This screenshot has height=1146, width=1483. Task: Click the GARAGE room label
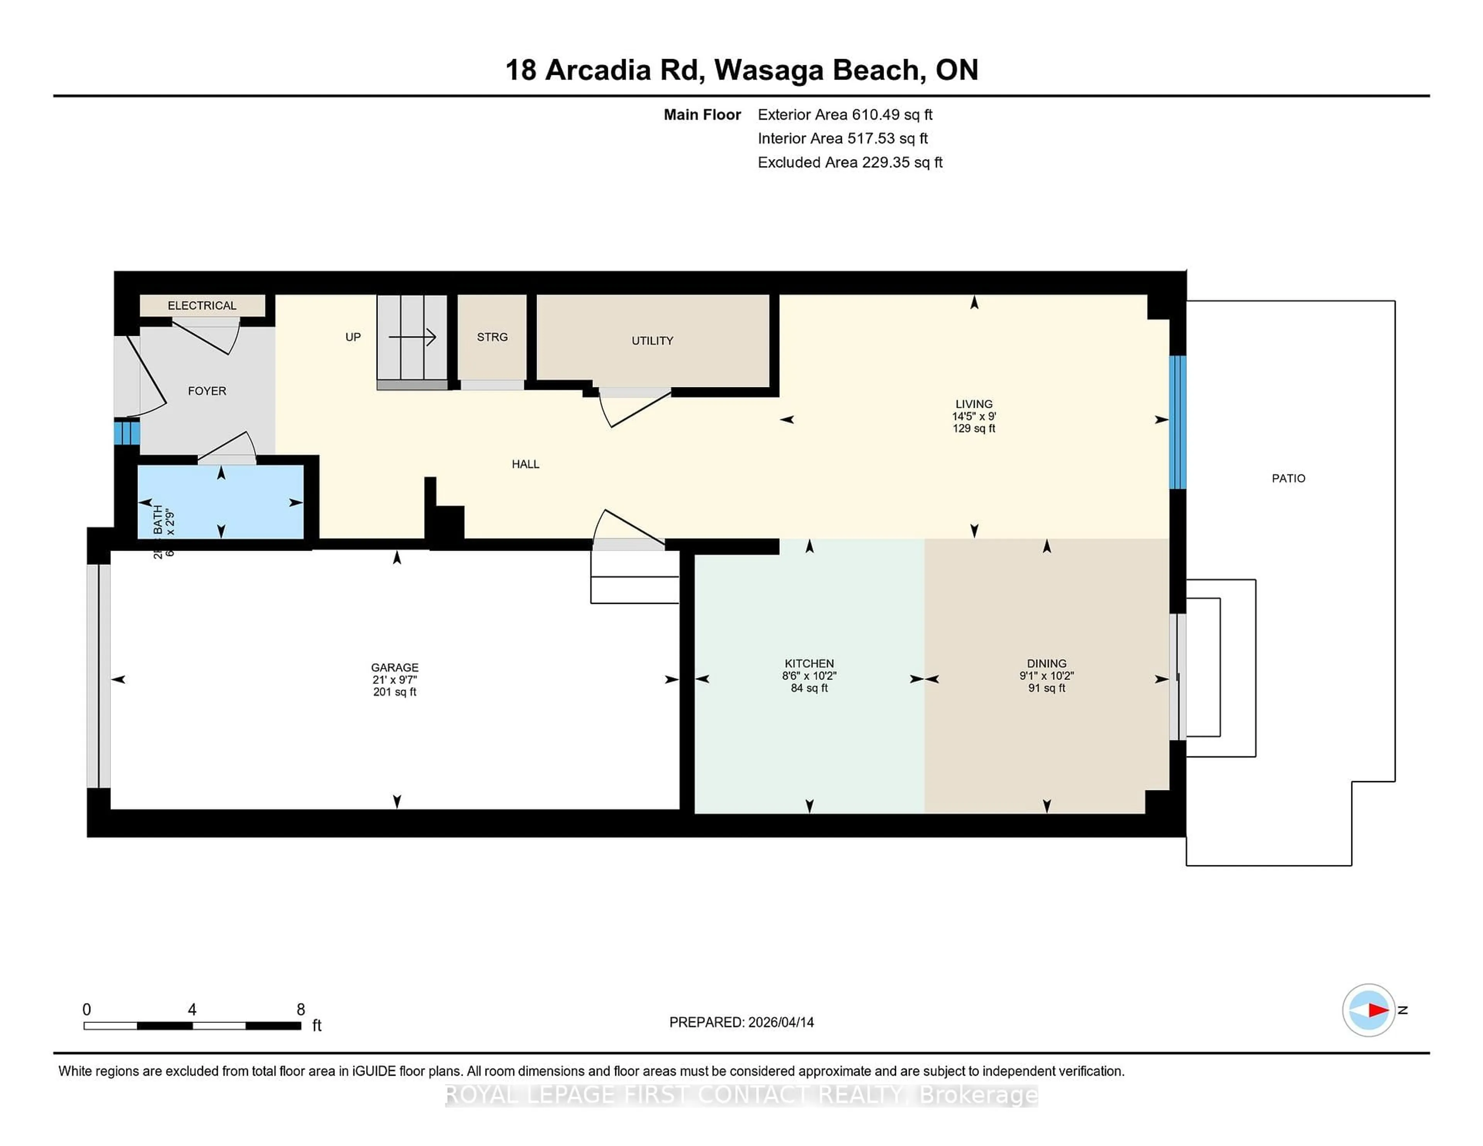click(395, 667)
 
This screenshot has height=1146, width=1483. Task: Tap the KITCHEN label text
click(809, 663)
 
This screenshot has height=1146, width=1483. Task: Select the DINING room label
click(1046, 663)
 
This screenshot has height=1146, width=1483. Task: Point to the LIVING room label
click(974, 404)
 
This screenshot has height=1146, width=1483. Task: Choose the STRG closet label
click(492, 337)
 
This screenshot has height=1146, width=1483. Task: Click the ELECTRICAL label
click(202, 305)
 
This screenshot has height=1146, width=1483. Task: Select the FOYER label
click(207, 391)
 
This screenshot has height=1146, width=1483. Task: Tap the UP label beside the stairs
click(353, 337)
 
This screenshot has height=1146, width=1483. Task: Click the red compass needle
click(1377, 1010)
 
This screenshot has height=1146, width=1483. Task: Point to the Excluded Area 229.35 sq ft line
click(850, 162)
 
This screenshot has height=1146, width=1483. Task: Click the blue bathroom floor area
click(244, 502)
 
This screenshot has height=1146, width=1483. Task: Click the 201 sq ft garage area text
click(395, 692)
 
